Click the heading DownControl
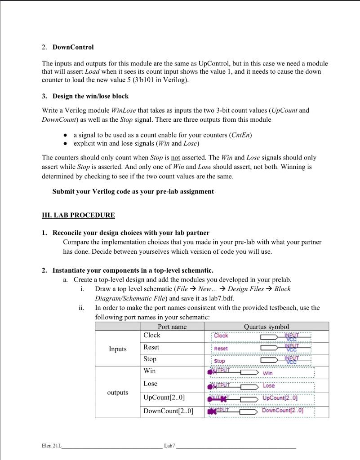click(x=73, y=47)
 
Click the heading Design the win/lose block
click(x=90, y=97)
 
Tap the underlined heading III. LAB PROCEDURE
click(x=78, y=215)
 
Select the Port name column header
click(x=172, y=327)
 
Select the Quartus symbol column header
click(x=266, y=327)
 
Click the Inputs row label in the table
click(x=117, y=349)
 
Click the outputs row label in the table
click(x=117, y=393)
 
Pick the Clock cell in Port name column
click(x=152, y=335)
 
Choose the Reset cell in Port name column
click(x=151, y=347)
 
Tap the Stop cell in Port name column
click(x=150, y=359)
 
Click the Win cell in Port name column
click(x=149, y=371)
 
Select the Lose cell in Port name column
click(x=150, y=384)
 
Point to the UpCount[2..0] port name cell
click(x=164, y=398)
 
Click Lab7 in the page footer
click(x=170, y=446)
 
